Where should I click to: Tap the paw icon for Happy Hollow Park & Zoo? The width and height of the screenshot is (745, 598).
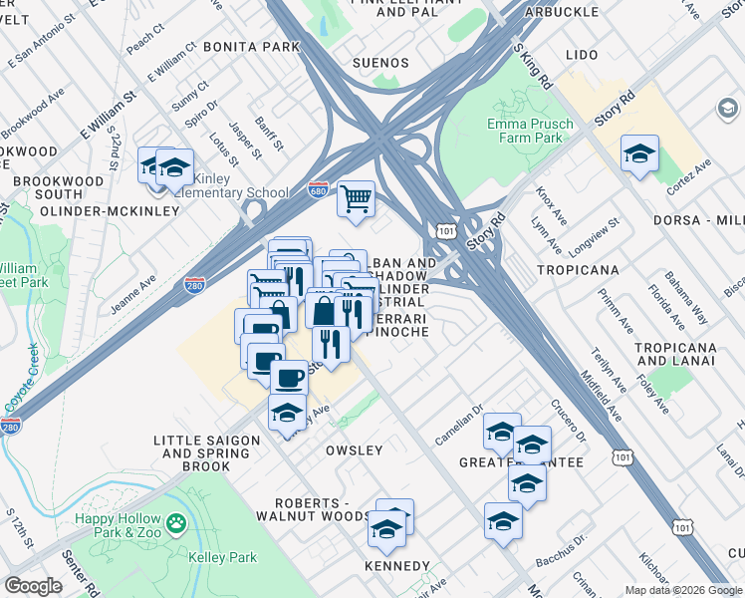click(176, 522)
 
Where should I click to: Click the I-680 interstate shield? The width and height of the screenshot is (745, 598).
click(318, 189)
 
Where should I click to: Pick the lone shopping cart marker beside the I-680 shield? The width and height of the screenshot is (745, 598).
click(356, 198)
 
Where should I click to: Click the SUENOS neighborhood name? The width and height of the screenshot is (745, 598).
click(381, 63)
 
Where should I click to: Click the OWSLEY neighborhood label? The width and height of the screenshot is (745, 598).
click(354, 450)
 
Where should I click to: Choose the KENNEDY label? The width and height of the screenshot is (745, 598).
click(397, 566)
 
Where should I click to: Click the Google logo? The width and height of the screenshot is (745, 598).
click(33, 586)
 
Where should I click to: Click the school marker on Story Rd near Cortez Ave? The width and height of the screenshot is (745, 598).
click(639, 153)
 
